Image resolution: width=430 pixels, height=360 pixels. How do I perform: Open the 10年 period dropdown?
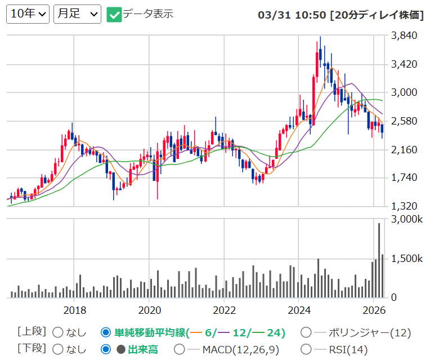[x=28, y=14]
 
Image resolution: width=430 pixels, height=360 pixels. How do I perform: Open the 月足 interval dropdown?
[x=77, y=14]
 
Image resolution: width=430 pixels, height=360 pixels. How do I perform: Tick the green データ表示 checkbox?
[x=114, y=15]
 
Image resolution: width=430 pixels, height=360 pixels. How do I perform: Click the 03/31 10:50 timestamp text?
[x=292, y=15]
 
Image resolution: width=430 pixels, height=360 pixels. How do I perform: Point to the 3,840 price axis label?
[x=404, y=35]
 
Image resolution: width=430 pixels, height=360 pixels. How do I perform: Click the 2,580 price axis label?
[x=404, y=121]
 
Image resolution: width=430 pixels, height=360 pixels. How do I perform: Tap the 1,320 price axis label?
[x=404, y=206]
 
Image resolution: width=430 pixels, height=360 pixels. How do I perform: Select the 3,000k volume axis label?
[x=407, y=219]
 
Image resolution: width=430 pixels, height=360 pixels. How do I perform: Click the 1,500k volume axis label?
[x=407, y=259]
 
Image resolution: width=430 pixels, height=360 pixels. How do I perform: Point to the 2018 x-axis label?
[x=75, y=310]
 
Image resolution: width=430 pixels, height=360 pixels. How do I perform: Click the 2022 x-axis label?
[x=225, y=310]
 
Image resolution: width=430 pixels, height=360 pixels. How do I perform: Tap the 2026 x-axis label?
[x=374, y=310]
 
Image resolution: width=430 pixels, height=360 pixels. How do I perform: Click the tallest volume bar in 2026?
[x=379, y=260]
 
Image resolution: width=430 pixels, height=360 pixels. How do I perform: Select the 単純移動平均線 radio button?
[x=106, y=332]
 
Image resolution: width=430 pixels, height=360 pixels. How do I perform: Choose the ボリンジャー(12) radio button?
[x=306, y=332]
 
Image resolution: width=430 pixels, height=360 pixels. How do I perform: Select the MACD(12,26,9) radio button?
[x=180, y=349]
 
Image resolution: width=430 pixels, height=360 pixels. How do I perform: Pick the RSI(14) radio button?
[x=306, y=349]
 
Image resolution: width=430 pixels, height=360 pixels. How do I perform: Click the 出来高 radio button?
[x=106, y=349]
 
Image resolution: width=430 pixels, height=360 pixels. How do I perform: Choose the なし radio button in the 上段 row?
[x=58, y=332]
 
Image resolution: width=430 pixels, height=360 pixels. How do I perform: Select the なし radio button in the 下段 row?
[x=58, y=349]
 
